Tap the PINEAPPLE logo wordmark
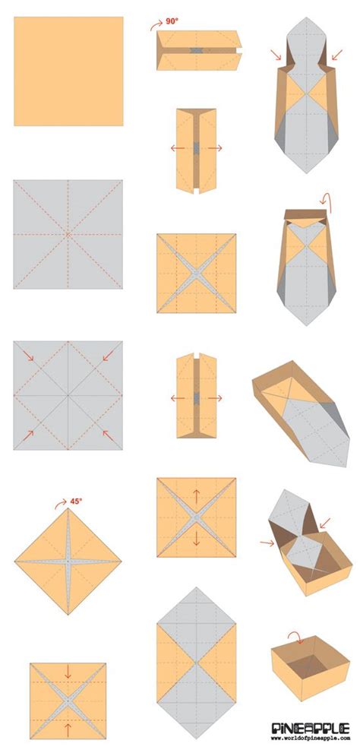tap(311, 729)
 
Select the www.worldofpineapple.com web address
tap(311, 740)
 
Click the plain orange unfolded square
tap(68, 71)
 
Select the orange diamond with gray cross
tap(68, 562)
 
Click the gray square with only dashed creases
tap(68, 234)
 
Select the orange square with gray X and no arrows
tap(195, 274)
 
